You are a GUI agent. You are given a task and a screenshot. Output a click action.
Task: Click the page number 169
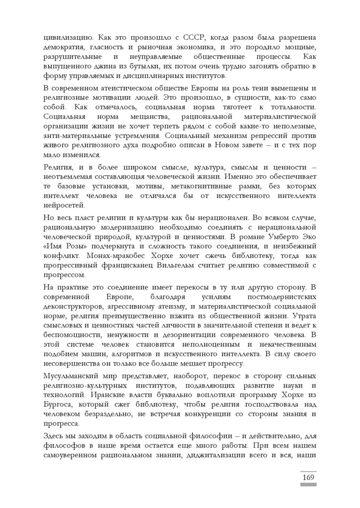point(308,477)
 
